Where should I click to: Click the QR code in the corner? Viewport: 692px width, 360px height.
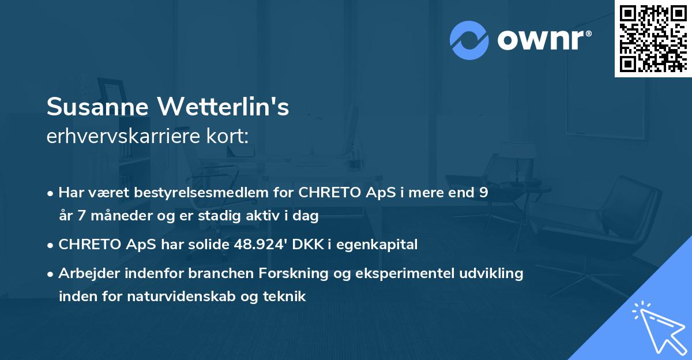(653, 39)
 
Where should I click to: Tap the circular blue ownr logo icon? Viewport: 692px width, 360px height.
(469, 40)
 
